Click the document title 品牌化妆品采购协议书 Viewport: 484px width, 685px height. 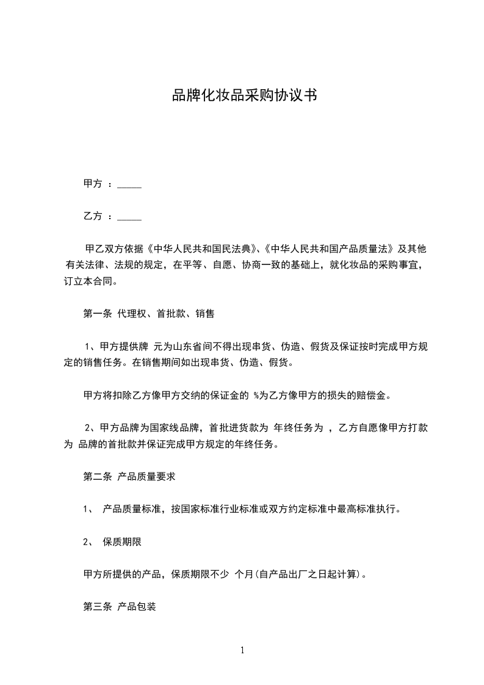pyautogui.click(x=244, y=96)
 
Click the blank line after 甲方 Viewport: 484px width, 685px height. pyautogui.click(x=129, y=184)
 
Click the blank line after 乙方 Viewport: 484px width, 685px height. pyautogui.click(x=129, y=217)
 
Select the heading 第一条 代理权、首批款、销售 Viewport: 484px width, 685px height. pyautogui.click(x=148, y=314)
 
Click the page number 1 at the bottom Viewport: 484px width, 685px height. pyautogui.click(x=242, y=651)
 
